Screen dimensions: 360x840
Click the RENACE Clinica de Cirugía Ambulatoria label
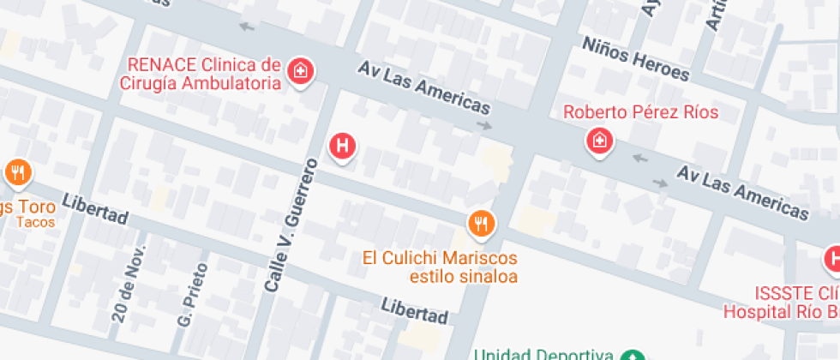[204, 74]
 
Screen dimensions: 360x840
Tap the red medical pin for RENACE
[300, 71]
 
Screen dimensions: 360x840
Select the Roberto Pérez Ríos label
[640, 112]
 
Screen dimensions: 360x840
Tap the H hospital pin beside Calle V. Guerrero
[343, 146]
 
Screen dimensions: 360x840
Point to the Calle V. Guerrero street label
[291, 230]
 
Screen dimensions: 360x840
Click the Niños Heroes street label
[635, 59]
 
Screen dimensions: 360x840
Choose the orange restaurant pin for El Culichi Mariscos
[481, 225]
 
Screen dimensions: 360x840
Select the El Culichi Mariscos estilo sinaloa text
[440, 267]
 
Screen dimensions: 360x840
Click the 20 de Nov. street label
[125, 283]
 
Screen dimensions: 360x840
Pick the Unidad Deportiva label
[543, 354]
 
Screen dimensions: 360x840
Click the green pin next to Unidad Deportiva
[633, 355]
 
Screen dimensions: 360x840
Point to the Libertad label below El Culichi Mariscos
[415, 310]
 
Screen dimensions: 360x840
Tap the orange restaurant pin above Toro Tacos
[17, 174]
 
